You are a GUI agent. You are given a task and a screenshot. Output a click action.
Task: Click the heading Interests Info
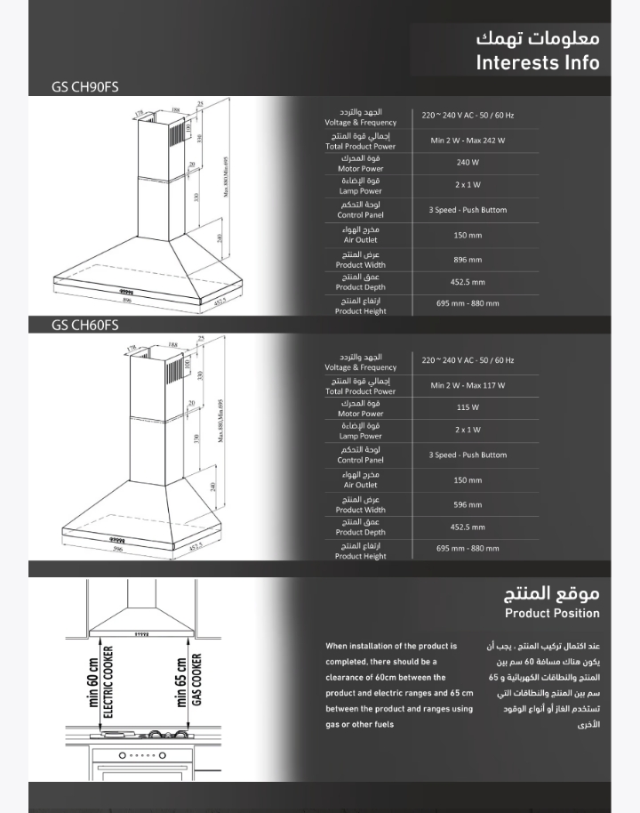[x=537, y=62]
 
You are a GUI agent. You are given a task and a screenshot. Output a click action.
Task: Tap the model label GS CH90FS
[x=85, y=86]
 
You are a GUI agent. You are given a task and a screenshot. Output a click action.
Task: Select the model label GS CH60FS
[x=85, y=325]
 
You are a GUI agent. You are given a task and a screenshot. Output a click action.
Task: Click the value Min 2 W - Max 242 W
[x=468, y=141]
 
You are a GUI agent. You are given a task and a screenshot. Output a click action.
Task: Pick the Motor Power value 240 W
[x=468, y=163]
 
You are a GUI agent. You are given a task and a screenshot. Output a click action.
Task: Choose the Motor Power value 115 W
[x=468, y=407]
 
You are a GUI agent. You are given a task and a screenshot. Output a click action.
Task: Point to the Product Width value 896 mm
[x=468, y=260]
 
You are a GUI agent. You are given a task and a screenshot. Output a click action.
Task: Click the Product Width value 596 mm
[x=468, y=504]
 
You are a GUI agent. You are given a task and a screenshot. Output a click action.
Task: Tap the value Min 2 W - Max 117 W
[x=468, y=385]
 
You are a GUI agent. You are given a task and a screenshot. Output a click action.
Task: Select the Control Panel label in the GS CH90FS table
[x=360, y=215]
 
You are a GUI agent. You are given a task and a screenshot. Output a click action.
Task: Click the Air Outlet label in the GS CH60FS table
[x=360, y=485]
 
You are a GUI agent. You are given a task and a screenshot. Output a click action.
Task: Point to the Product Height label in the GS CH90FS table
[x=360, y=311]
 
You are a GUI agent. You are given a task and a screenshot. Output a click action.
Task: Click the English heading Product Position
[x=552, y=613]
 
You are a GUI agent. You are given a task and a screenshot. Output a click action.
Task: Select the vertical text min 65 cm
[x=181, y=682]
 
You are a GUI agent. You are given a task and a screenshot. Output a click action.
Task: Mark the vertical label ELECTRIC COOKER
[x=108, y=686]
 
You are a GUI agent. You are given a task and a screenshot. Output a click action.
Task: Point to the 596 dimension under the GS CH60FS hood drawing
[x=118, y=549]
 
